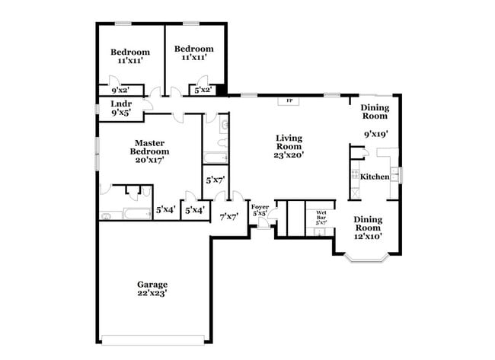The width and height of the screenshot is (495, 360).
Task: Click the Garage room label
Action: [152, 284]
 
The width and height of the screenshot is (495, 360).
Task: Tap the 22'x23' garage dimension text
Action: [152, 293]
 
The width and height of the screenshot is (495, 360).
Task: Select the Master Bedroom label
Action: [149, 147]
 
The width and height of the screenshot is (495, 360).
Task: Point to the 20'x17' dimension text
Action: [149, 160]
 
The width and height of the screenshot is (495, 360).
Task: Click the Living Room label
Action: [289, 142]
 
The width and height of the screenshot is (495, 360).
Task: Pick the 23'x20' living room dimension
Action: [289, 155]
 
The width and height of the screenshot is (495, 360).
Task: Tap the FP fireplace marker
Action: [289, 100]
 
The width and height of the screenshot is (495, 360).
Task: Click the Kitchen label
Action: [375, 177]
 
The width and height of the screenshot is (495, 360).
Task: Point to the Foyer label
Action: [260, 206]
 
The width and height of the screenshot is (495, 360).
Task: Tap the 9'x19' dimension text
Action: [376, 134]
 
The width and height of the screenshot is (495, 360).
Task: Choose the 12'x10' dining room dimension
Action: [368, 236]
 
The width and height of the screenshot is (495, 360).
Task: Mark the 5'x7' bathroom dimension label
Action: [215, 180]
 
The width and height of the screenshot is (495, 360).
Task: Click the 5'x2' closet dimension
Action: [203, 90]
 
